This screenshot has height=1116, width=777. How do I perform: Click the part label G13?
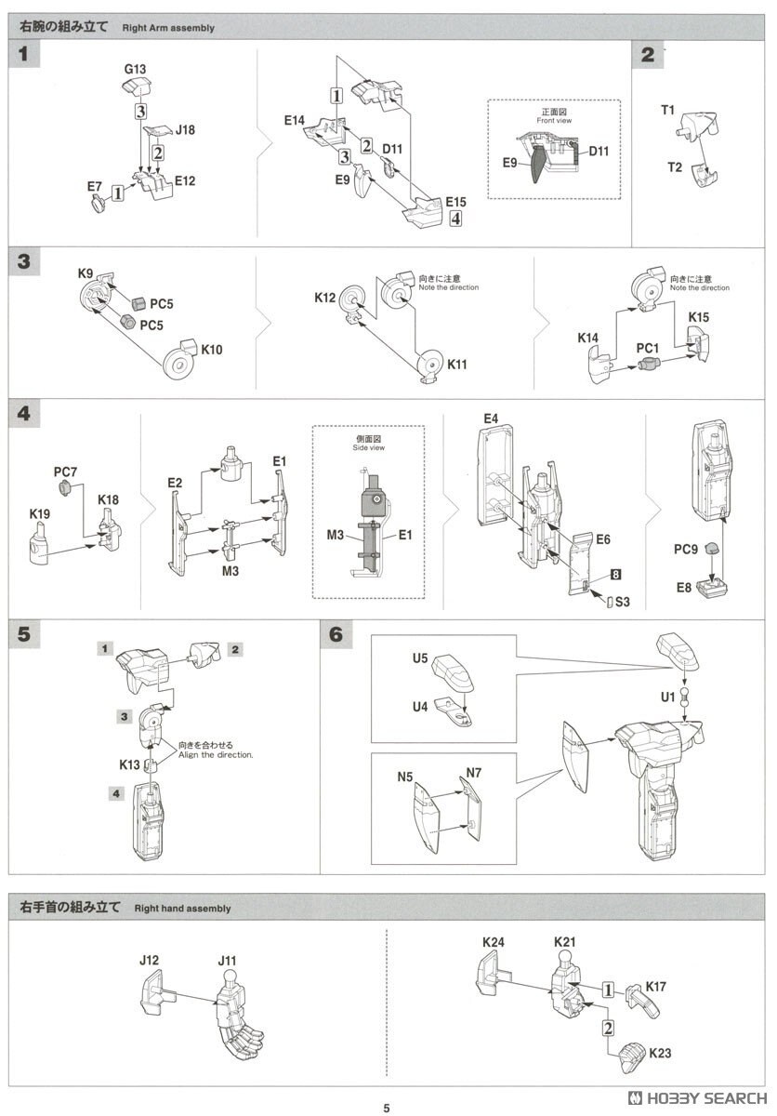coord(135,69)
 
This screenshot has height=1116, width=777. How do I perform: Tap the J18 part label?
coord(184,131)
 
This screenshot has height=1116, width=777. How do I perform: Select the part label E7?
coord(95,187)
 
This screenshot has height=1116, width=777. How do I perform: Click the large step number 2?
coord(647,55)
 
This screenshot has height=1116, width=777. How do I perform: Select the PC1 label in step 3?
coord(648,347)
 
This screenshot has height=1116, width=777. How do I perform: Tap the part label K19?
coord(40,513)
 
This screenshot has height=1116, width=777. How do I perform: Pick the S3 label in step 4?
coord(622,602)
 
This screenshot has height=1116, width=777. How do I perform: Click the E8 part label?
coord(684,588)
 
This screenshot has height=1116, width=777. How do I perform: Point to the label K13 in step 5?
coord(129,764)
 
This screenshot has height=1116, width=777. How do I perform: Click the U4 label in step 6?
coord(419,706)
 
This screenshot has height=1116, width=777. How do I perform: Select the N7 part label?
coord(474,773)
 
